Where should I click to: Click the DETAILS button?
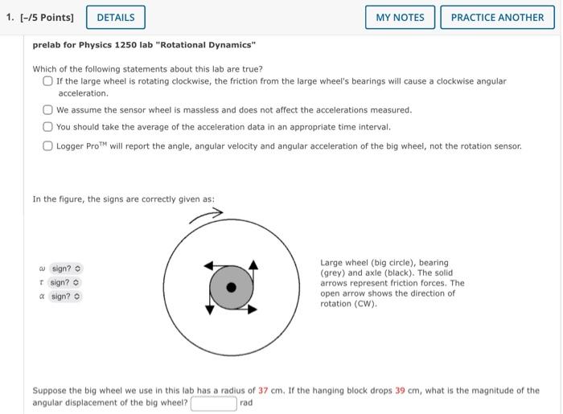116,17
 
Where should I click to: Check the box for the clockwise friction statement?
48,81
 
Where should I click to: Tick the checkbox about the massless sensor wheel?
48,110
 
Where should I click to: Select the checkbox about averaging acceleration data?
48,127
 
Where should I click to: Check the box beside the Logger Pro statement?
48,146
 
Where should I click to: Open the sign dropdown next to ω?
66,268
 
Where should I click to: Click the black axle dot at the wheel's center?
232,287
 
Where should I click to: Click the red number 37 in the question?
263,391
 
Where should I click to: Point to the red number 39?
401,391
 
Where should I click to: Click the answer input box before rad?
213,403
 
